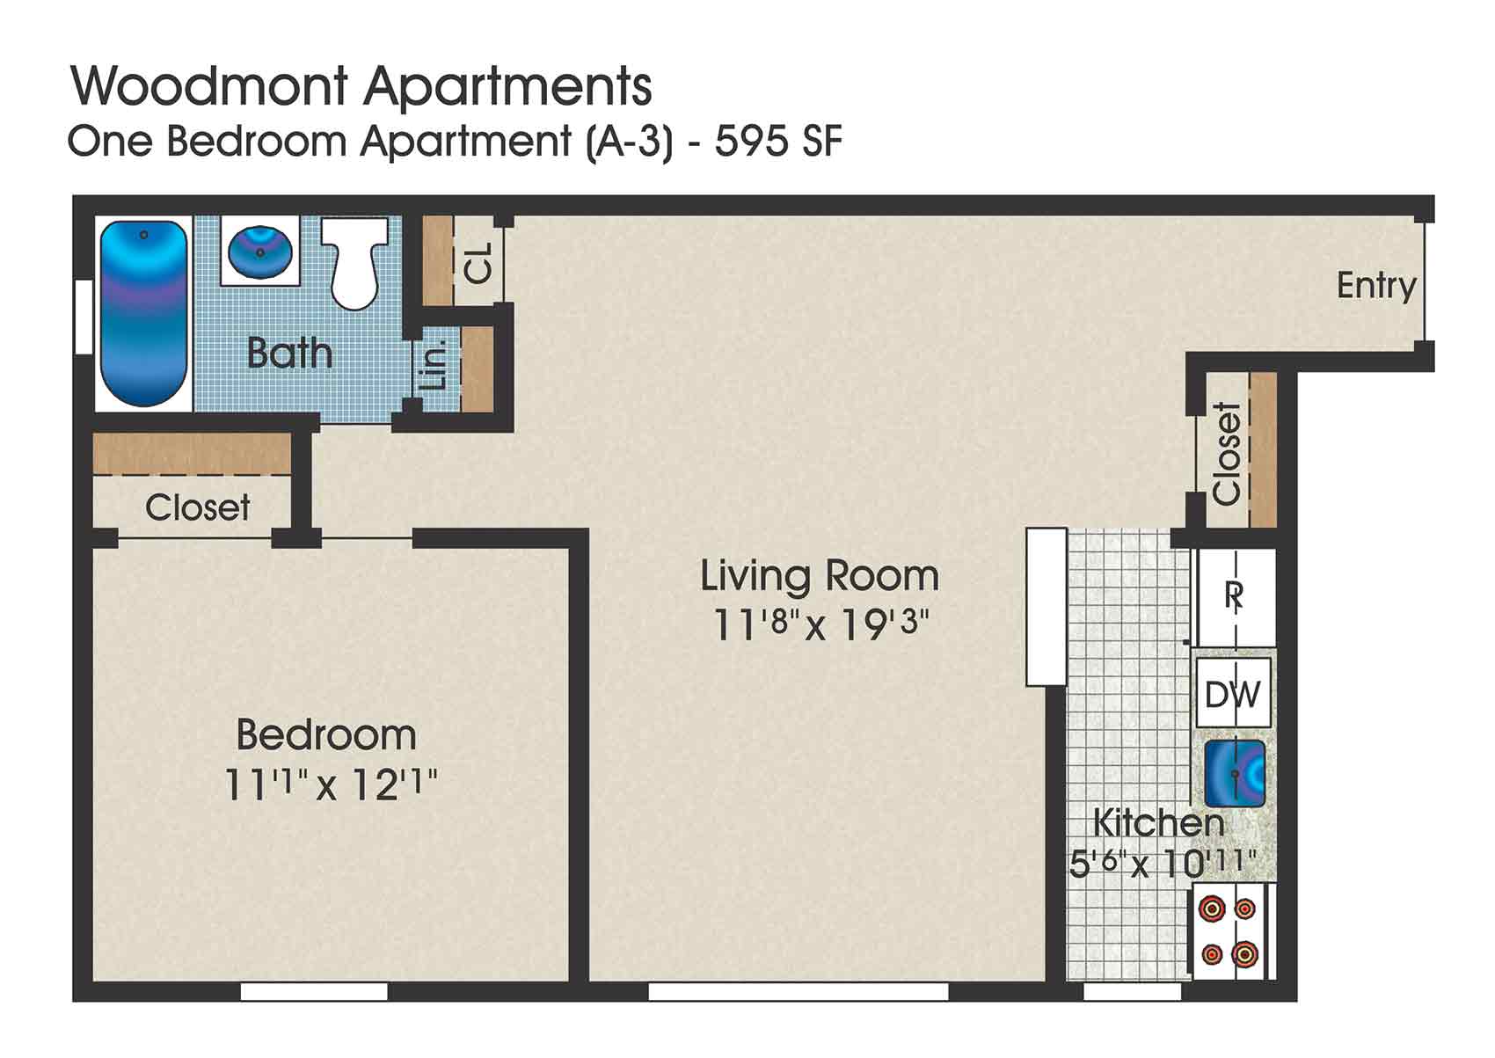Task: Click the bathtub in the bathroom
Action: [143, 313]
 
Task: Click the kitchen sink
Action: [1235, 773]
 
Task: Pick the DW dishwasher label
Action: [1233, 695]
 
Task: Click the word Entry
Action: [1376, 285]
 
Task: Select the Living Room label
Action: [820, 576]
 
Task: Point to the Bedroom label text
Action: [326, 734]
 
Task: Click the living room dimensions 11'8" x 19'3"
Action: [820, 625]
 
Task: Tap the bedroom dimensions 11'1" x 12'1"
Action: [331, 784]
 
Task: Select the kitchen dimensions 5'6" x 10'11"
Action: [1163, 863]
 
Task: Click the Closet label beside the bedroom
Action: [197, 507]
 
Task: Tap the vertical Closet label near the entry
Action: [1227, 453]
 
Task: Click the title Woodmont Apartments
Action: [361, 86]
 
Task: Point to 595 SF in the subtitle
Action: [778, 142]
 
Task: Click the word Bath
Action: [289, 354]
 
